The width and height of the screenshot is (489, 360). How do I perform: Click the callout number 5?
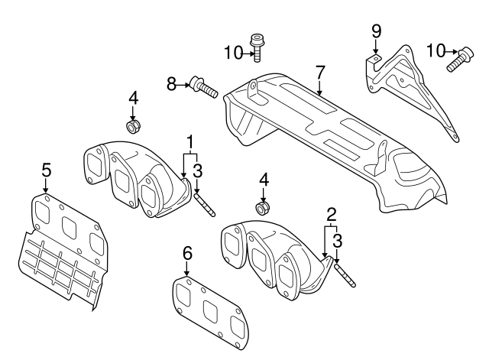[46, 169]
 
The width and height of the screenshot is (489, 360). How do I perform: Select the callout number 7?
[320, 73]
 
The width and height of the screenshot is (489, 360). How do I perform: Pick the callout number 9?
[375, 31]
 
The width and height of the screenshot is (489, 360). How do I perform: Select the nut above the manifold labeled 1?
[131, 124]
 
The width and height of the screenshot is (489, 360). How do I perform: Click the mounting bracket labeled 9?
[405, 84]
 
